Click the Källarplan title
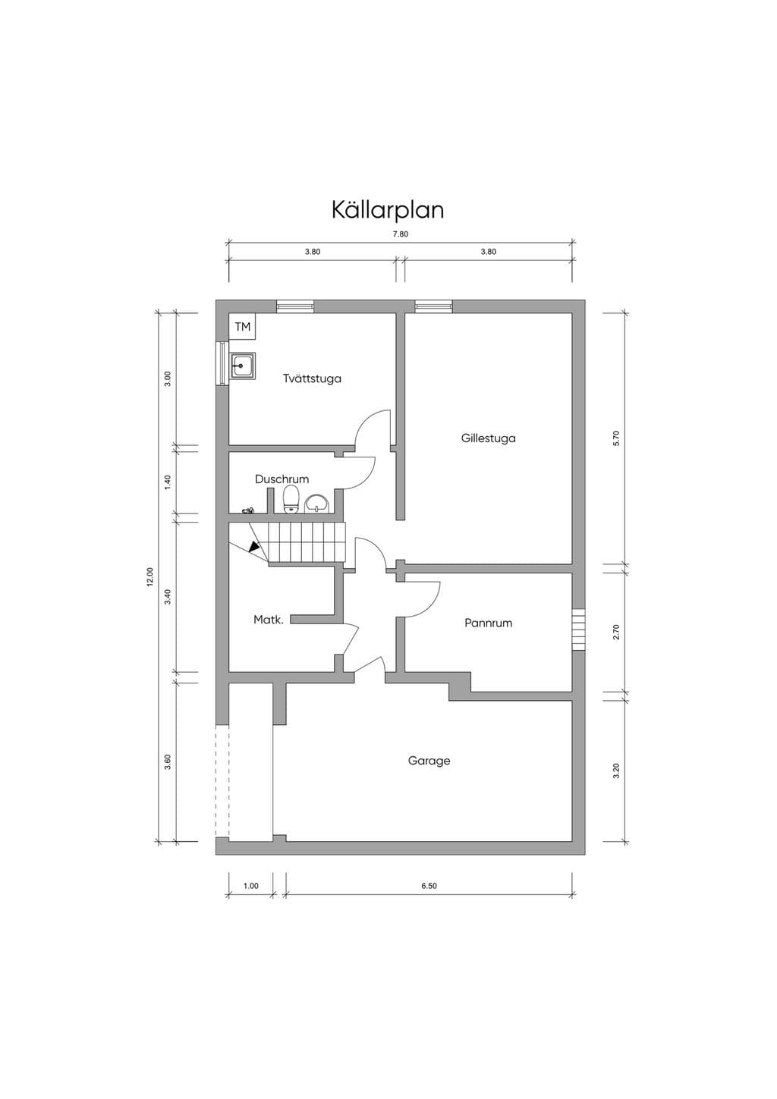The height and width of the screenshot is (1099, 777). tap(388, 210)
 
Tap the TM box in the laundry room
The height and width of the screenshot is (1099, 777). tap(243, 326)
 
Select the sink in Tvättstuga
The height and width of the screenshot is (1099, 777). tap(243, 366)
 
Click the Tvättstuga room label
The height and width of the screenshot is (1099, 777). tap(312, 378)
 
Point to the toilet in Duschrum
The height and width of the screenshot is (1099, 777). tap(291, 500)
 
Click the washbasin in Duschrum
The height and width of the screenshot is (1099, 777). tap(318, 504)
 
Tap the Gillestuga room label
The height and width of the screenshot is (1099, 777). tap(489, 438)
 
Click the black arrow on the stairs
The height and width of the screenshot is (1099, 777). tap(254, 547)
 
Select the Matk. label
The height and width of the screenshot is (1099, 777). tap(269, 620)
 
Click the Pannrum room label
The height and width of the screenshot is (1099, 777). tap(489, 623)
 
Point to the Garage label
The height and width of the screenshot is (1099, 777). tap(429, 761)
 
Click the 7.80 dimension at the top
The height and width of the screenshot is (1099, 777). tap(400, 234)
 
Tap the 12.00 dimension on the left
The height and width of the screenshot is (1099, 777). tap(150, 576)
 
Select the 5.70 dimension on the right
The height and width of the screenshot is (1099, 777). tap(616, 438)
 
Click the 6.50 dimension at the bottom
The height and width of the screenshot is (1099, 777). tap(429, 886)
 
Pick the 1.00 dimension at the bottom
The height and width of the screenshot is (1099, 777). tap(251, 886)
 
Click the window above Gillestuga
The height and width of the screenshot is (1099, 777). tap(433, 306)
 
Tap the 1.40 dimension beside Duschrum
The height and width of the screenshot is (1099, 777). tap(168, 482)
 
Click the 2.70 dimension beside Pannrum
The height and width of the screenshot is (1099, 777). tap(616, 632)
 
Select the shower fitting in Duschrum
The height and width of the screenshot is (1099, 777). tap(248, 510)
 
